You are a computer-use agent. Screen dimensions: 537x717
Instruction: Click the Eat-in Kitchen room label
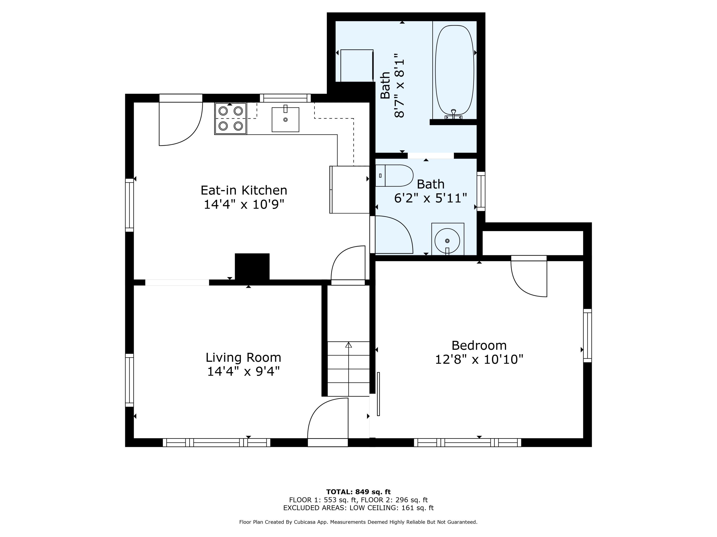pos(244,190)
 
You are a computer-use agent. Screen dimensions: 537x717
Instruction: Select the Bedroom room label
pos(479,345)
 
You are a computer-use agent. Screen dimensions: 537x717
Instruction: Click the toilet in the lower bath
pos(394,175)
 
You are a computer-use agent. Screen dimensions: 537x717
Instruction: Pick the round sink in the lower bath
pos(447,241)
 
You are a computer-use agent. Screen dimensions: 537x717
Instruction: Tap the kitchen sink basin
pos(285,120)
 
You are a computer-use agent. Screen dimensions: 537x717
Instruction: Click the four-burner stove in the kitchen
pos(230,118)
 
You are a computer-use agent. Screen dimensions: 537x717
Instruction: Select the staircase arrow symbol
pos(348,345)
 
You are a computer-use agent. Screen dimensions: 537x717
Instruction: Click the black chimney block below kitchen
pos(252,266)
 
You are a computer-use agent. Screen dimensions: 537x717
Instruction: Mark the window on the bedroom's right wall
pos(587,335)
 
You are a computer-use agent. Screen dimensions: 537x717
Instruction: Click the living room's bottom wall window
pos(216,442)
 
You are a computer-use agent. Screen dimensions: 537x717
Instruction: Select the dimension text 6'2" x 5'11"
pos(430,198)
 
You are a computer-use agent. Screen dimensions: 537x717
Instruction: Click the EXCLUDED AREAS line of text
pos(358,508)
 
